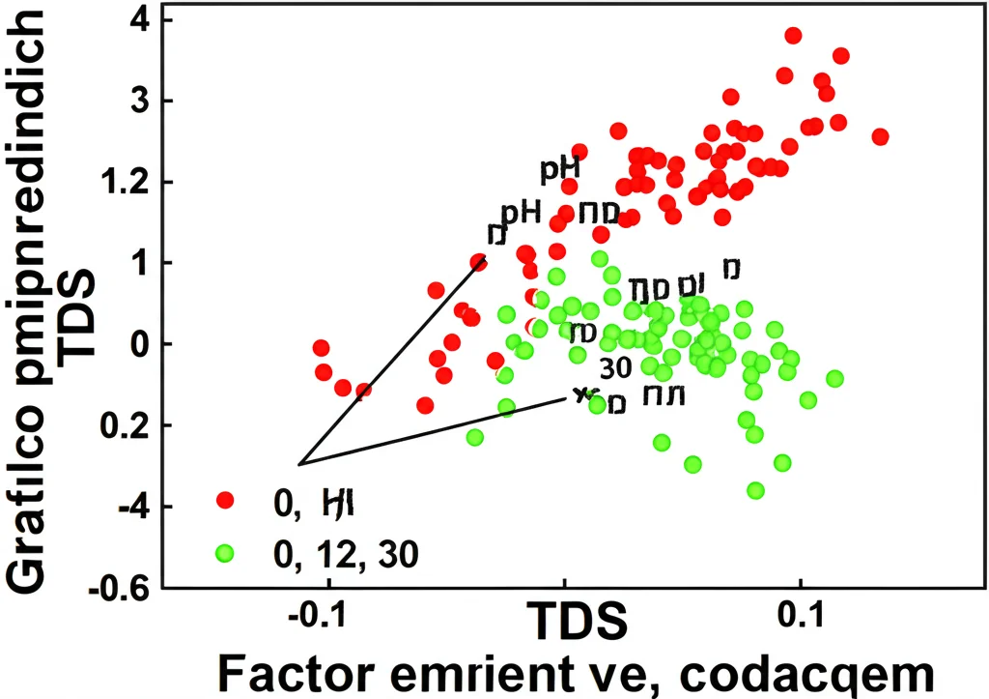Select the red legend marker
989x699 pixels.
pyautogui.click(x=226, y=500)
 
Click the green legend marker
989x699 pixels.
pyautogui.click(x=226, y=553)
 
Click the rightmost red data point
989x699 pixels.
pyautogui.click(x=880, y=136)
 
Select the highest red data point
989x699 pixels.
pyautogui.click(x=793, y=36)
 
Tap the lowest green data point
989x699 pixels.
pyautogui.click(x=755, y=490)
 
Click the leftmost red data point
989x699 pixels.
pyautogui.click(x=321, y=348)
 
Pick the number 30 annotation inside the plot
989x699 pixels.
pyautogui.click(x=615, y=367)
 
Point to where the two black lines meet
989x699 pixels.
pyautogui.click(x=299, y=464)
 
